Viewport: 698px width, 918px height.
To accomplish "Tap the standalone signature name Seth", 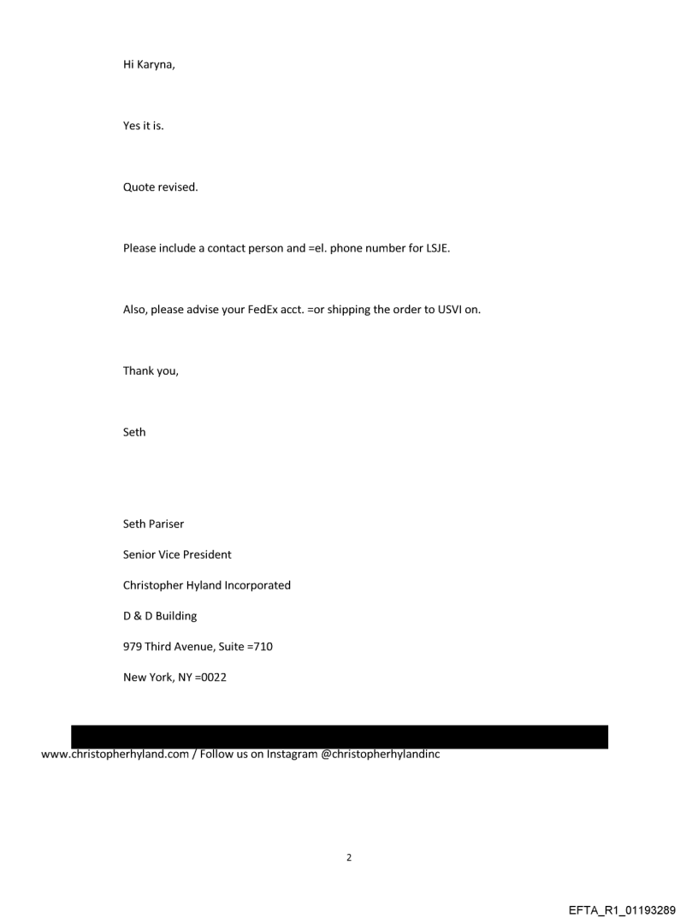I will coord(134,432).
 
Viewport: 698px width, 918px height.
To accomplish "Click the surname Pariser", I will coord(167,524).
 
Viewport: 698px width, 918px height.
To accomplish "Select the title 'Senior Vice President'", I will coord(177,554).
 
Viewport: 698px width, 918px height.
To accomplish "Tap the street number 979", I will coord(133,647).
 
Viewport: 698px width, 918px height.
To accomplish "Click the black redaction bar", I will coord(339,737).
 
